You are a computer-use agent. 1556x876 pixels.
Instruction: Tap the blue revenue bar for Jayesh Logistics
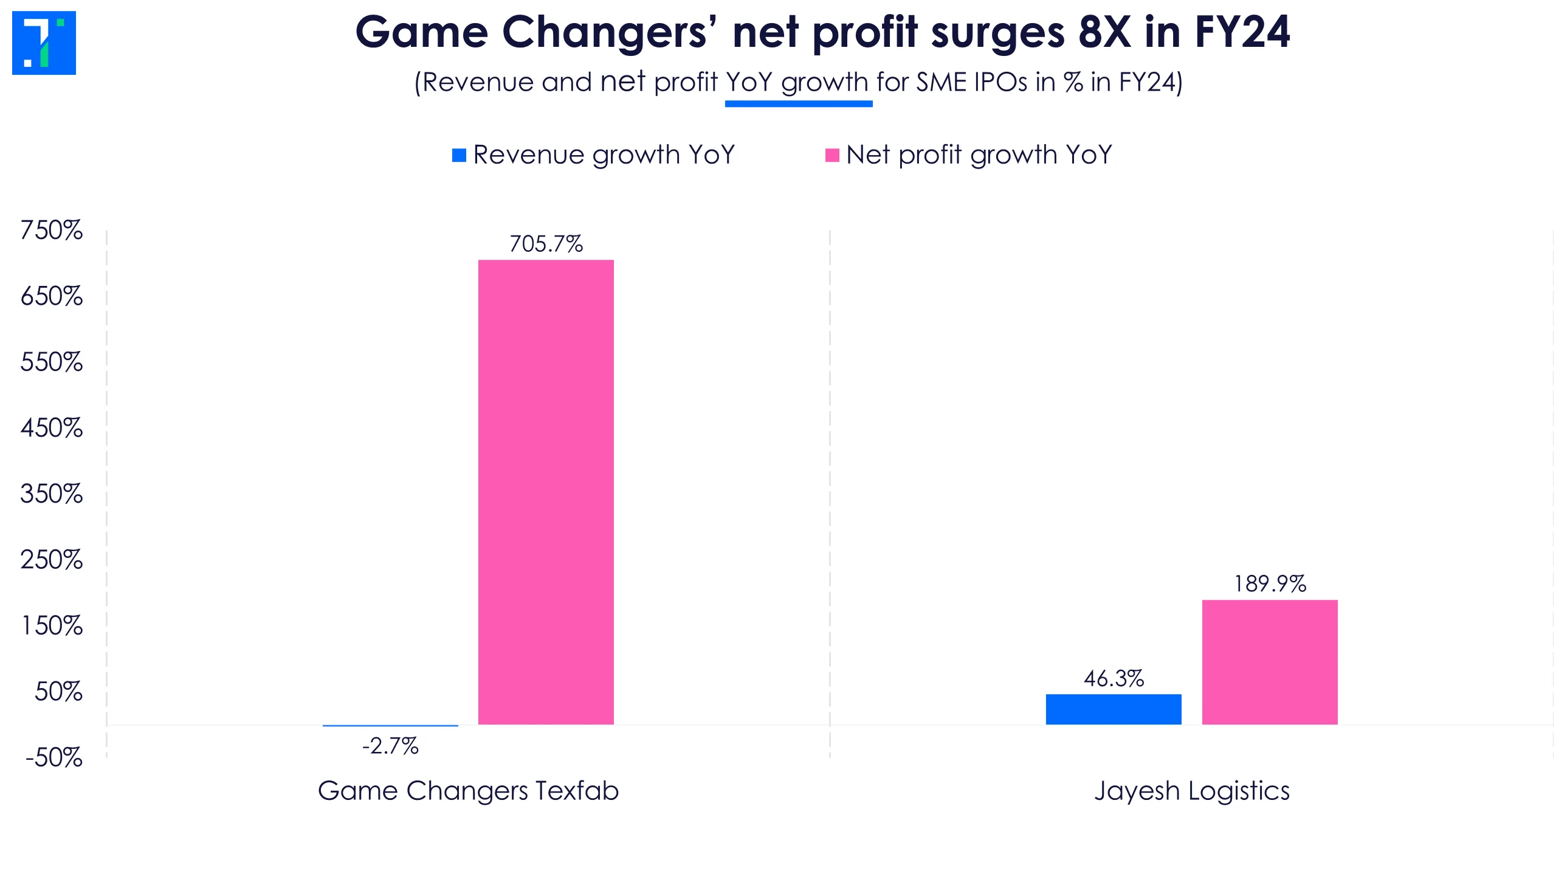pyautogui.click(x=1114, y=709)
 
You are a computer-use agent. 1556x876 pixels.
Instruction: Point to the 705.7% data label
pyautogui.click(x=546, y=244)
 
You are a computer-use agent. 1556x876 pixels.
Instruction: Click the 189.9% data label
pyautogui.click(x=1269, y=584)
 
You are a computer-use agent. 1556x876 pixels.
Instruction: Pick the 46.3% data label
pyautogui.click(x=1114, y=678)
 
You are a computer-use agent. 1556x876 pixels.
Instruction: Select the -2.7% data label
pyautogui.click(x=390, y=746)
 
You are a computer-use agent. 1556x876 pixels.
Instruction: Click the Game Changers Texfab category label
pyautogui.click(x=468, y=791)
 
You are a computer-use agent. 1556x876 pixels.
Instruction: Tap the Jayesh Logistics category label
pyautogui.click(x=1191, y=791)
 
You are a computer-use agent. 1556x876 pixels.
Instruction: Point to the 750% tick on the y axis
pyautogui.click(x=52, y=231)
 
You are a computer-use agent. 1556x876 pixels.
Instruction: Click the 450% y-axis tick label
pyautogui.click(x=52, y=428)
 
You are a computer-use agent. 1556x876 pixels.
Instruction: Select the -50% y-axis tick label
pyautogui.click(x=53, y=758)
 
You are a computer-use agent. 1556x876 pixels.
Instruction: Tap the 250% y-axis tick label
pyautogui.click(x=52, y=560)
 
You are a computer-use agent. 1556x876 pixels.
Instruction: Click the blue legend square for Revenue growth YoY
pyautogui.click(x=459, y=155)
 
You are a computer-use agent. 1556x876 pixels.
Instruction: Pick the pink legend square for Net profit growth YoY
pyautogui.click(x=832, y=155)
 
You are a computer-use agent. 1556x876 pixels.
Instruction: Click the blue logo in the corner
pyautogui.click(x=44, y=43)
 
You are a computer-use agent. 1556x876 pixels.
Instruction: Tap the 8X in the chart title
pyautogui.click(x=1104, y=32)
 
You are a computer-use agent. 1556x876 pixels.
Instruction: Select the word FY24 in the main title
pyautogui.click(x=1242, y=32)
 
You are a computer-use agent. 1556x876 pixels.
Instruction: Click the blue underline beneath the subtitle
pyautogui.click(x=799, y=104)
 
